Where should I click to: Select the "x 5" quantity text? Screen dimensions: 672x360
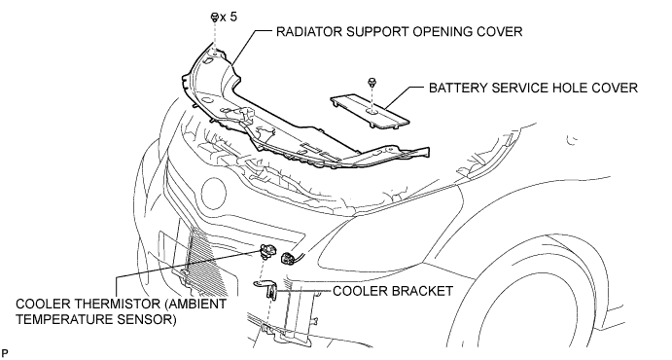coord(228,18)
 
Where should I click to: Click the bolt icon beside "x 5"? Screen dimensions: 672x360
coord(215,18)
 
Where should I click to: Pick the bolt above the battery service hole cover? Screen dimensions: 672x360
coord(371,82)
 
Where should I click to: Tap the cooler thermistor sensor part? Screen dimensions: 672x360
coord(268,250)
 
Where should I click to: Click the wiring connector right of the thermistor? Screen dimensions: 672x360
coord(287,257)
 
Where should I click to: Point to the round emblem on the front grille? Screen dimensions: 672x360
coord(213,193)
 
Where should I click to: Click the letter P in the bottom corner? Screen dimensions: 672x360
coord(5,353)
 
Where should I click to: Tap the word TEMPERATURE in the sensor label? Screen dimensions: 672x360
coord(64,320)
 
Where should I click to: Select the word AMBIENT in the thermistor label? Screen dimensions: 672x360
coord(198,304)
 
